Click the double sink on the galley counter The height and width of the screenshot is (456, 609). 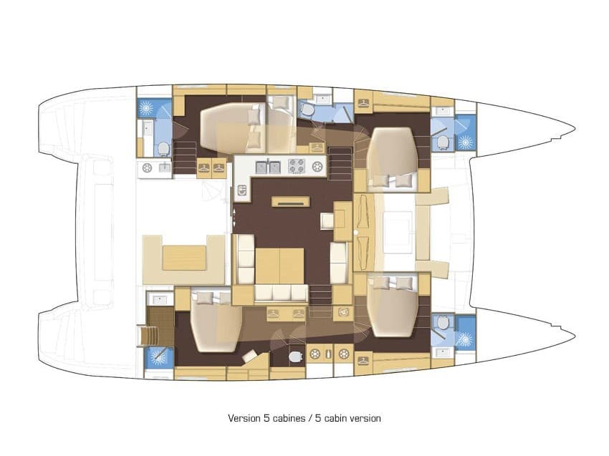(x=269, y=167)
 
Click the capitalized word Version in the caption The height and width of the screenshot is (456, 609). (x=243, y=418)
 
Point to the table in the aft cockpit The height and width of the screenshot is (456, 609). (x=184, y=257)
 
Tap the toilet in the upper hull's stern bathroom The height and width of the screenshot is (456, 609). (x=163, y=148)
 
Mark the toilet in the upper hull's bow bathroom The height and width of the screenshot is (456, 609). (x=442, y=140)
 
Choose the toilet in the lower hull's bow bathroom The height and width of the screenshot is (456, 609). (x=442, y=324)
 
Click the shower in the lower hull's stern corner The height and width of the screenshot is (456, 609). (x=155, y=356)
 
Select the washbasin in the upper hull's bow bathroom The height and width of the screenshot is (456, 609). (x=442, y=111)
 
